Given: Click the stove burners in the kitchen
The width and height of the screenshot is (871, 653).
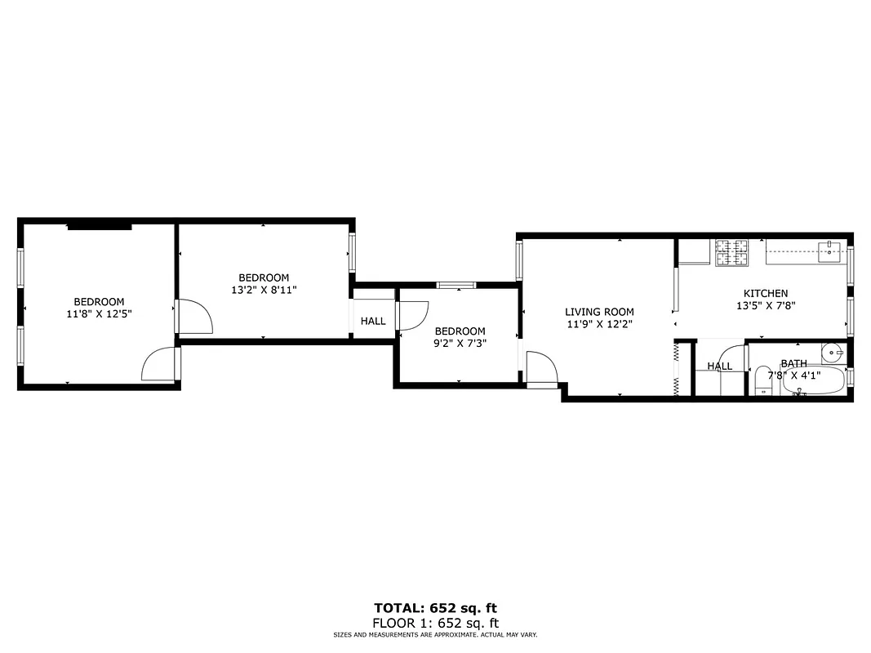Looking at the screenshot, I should click(x=732, y=252).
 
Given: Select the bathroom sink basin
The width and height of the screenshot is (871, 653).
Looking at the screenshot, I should click(x=831, y=353).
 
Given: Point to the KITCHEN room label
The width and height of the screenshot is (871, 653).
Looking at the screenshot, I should click(x=765, y=294).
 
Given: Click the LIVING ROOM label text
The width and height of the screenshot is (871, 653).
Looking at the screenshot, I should click(x=599, y=312).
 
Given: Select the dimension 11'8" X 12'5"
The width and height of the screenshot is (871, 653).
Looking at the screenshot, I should click(x=99, y=313).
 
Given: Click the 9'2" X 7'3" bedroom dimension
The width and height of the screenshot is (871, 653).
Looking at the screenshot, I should click(x=460, y=343).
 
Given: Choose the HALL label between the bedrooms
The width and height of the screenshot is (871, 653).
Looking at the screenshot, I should click(x=373, y=322).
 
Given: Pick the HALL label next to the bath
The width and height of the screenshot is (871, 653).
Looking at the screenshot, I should click(x=719, y=366).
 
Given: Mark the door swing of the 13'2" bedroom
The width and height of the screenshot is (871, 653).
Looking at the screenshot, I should click(x=195, y=316).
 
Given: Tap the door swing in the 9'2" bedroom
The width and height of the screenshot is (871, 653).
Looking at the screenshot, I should click(x=414, y=315).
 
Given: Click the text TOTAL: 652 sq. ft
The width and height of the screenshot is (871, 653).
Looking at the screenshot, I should click(x=435, y=608).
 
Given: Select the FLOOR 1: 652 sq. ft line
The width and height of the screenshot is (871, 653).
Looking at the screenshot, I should click(x=435, y=623).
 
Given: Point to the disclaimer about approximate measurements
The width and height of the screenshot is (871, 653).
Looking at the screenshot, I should click(x=435, y=635).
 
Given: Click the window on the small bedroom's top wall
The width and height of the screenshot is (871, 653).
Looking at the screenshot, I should click(x=455, y=285).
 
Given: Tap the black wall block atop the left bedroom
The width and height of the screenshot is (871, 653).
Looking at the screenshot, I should click(x=99, y=226).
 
